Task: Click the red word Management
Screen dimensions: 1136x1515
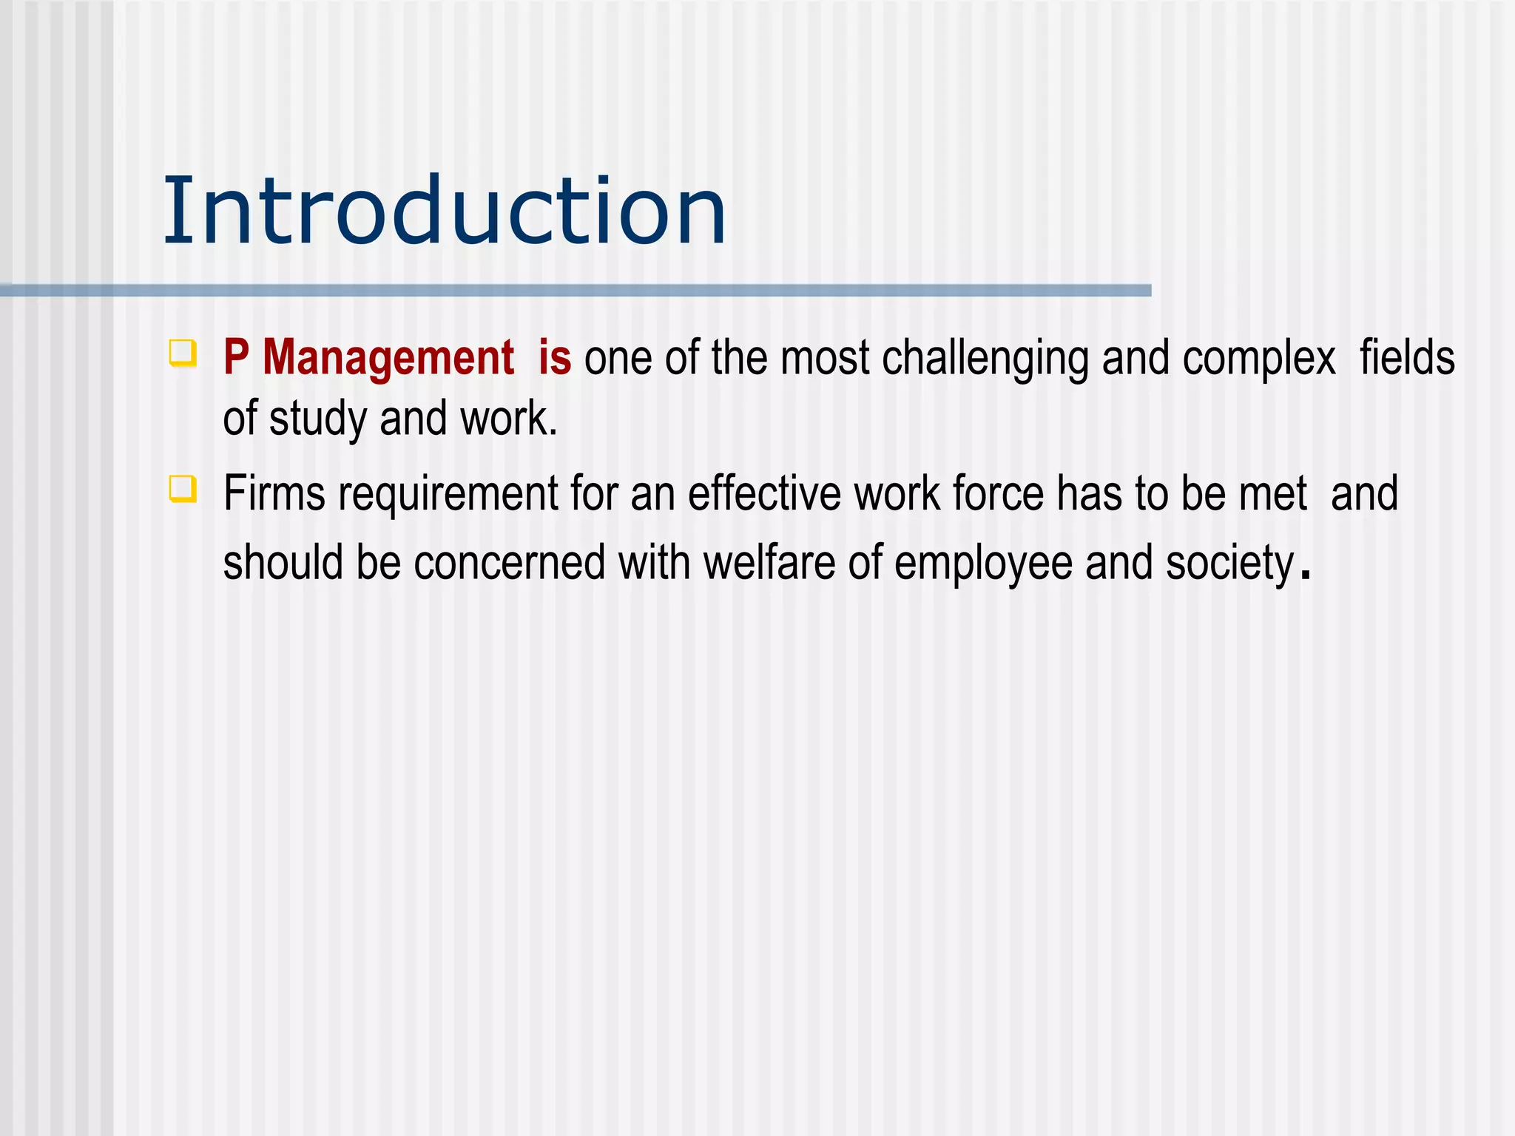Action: (x=388, y=357)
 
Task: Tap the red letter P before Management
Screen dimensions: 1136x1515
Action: (x=235, y=357)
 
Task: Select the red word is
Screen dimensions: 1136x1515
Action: (x=554, y=357)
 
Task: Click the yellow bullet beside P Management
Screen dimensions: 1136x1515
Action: (x=183, y=352)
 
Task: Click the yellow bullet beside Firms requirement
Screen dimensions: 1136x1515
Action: (x=183, y=489)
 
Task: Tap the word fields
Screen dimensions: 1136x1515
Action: (x=1407, y=357)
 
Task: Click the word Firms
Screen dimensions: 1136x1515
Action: (x=274, y=493)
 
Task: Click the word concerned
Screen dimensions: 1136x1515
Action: (x=509, y=563)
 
